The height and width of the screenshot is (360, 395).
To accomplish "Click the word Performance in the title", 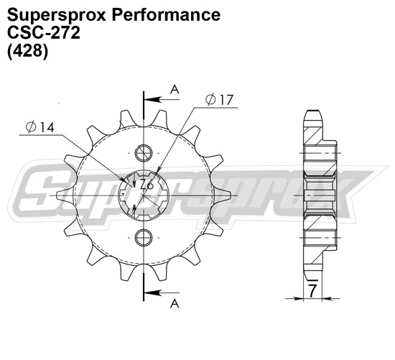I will coord(159,15).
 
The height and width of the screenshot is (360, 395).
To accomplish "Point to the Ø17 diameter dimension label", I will coord(220,101).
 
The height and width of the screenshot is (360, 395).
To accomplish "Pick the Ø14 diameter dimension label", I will coord(39,127).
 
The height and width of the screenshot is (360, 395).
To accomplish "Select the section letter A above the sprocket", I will coord(174,88).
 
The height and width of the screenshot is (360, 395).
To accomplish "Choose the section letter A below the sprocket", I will coord(174,304).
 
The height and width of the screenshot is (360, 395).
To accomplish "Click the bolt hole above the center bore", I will coord(144,152).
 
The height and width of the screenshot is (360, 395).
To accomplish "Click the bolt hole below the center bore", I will coord(144,238).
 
